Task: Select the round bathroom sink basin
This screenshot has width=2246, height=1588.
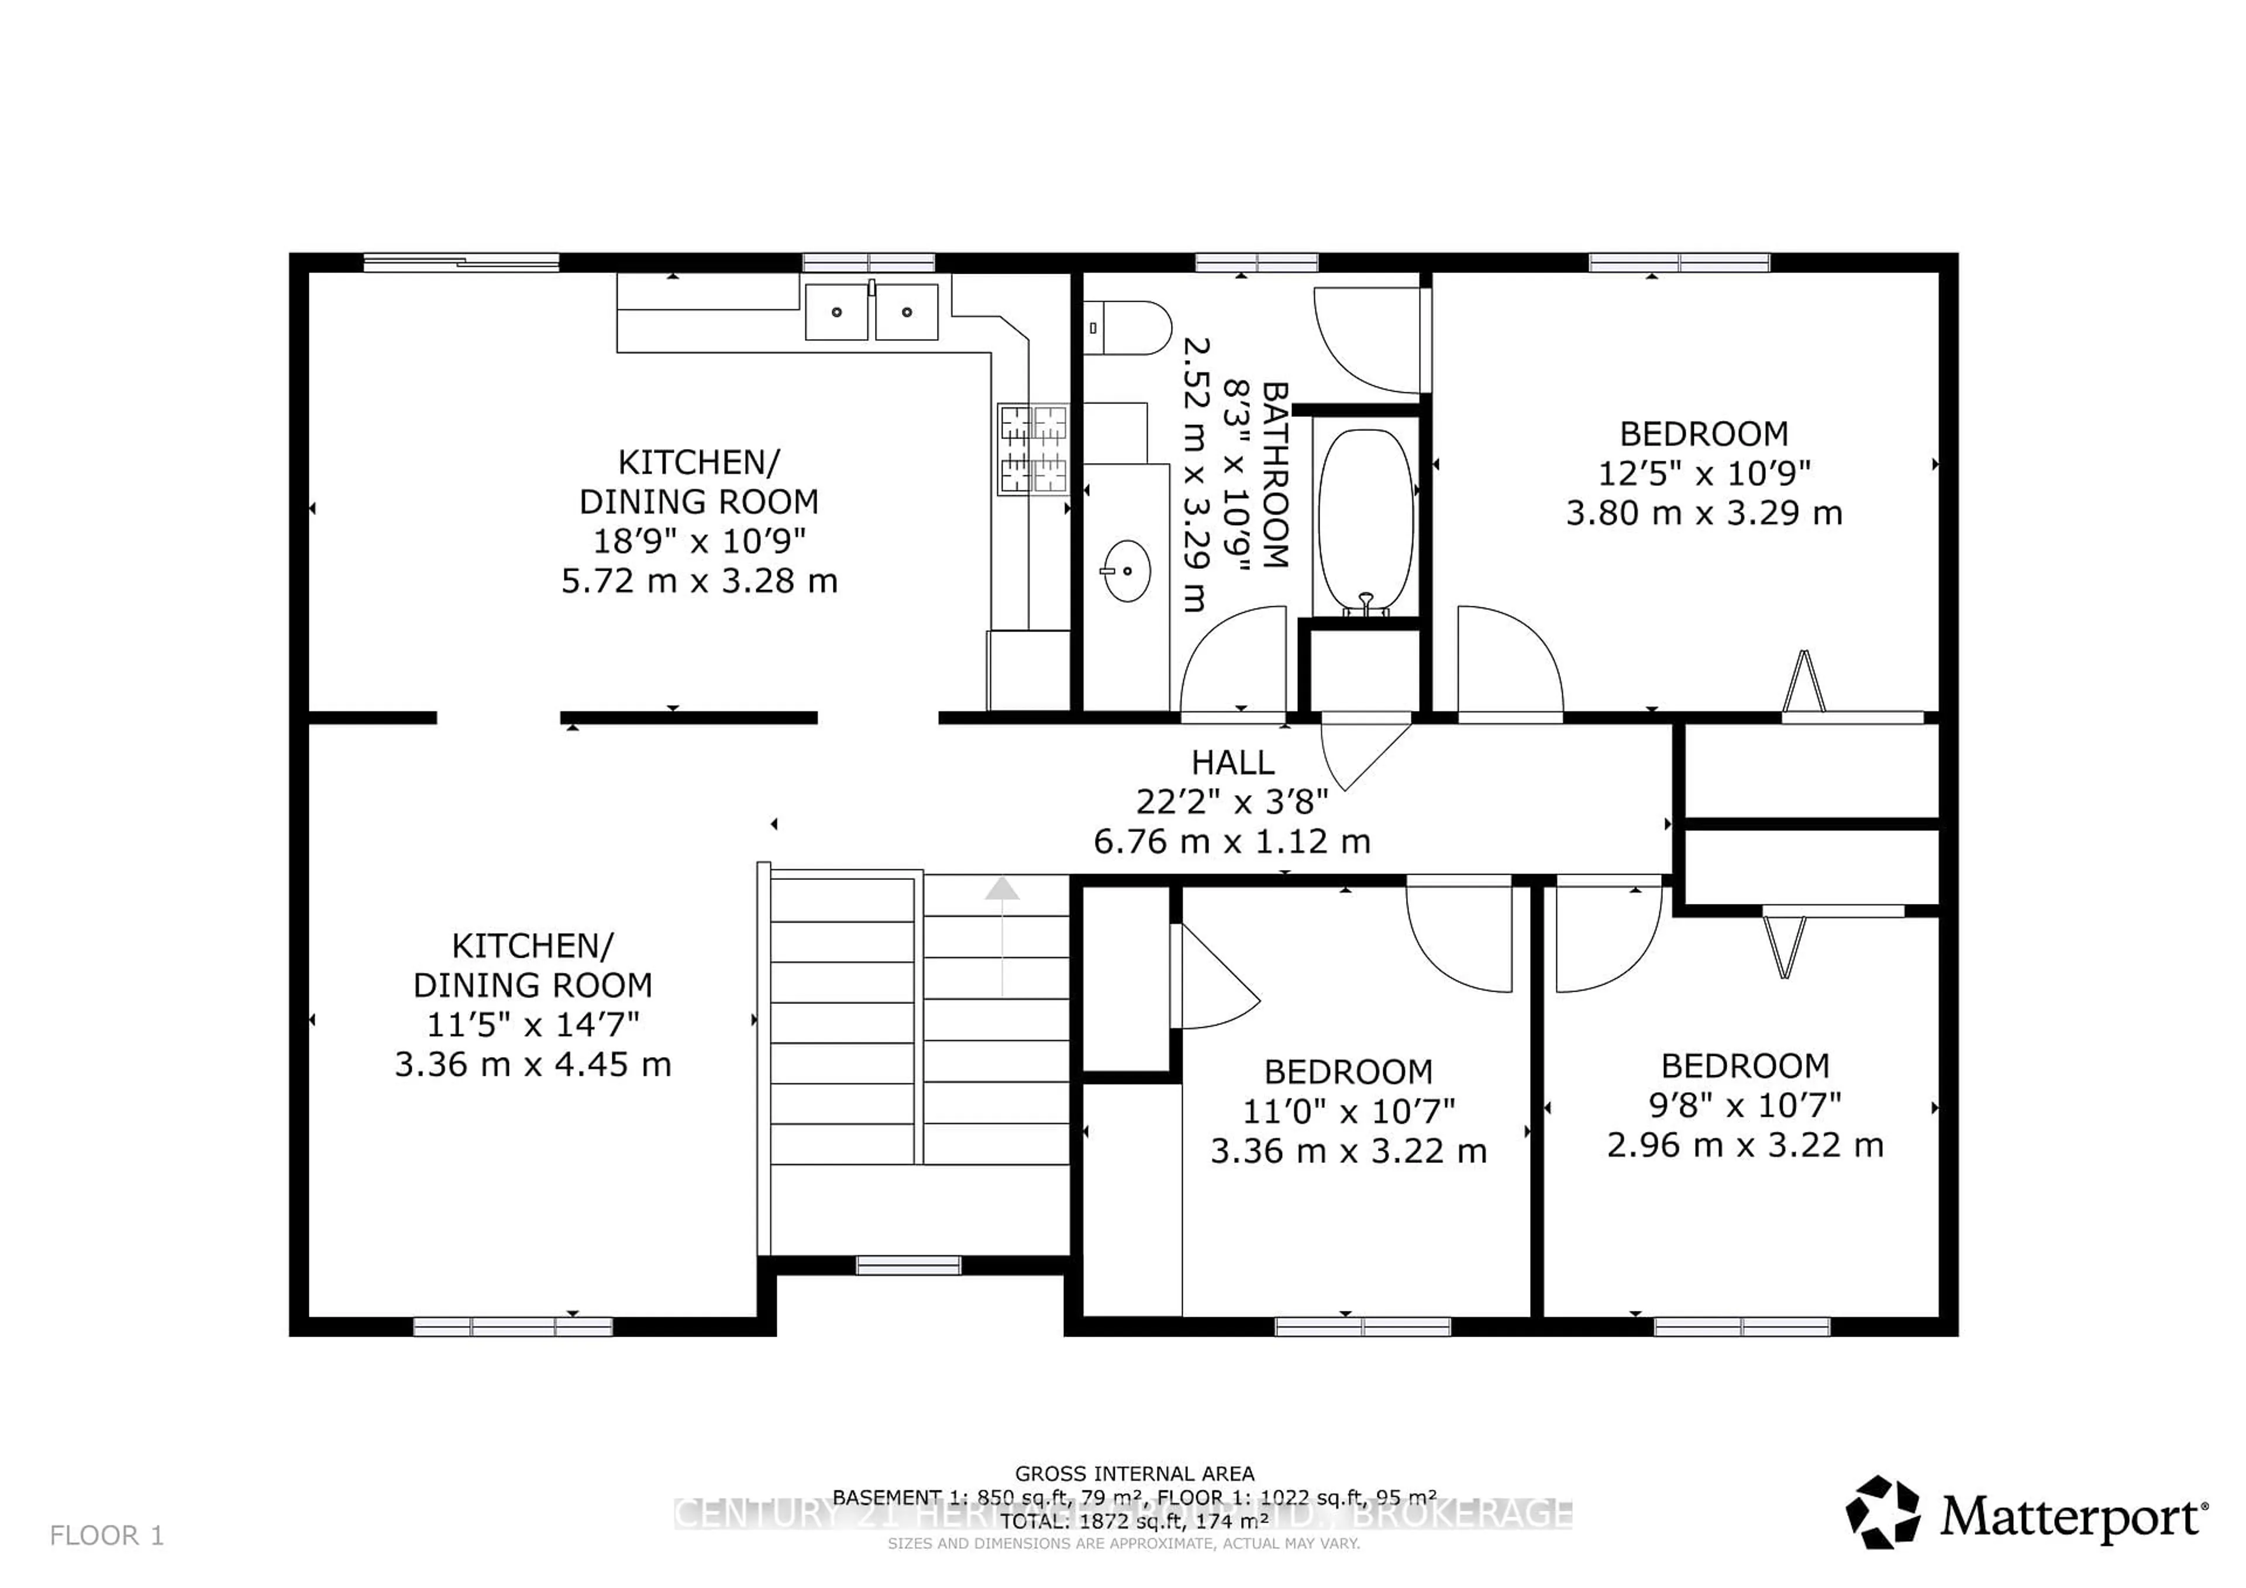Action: (1127, 570)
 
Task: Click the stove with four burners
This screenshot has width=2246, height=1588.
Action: (1033, 450)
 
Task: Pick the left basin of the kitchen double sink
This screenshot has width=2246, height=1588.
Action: (836, 312)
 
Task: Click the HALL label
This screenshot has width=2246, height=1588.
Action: (1232, 762)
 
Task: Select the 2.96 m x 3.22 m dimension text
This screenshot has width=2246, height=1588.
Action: (1745, 1145)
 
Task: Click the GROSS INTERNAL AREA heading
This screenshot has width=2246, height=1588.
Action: (1135, 1473)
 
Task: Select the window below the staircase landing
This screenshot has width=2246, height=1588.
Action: (909, 1265)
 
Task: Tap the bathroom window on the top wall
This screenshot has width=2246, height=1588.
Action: (1257, 262)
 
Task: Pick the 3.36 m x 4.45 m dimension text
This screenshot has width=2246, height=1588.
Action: (533, 1064)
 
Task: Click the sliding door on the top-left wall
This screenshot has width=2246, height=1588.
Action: (461, 262)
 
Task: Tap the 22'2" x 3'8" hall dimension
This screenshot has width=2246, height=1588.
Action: (1232, 802)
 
